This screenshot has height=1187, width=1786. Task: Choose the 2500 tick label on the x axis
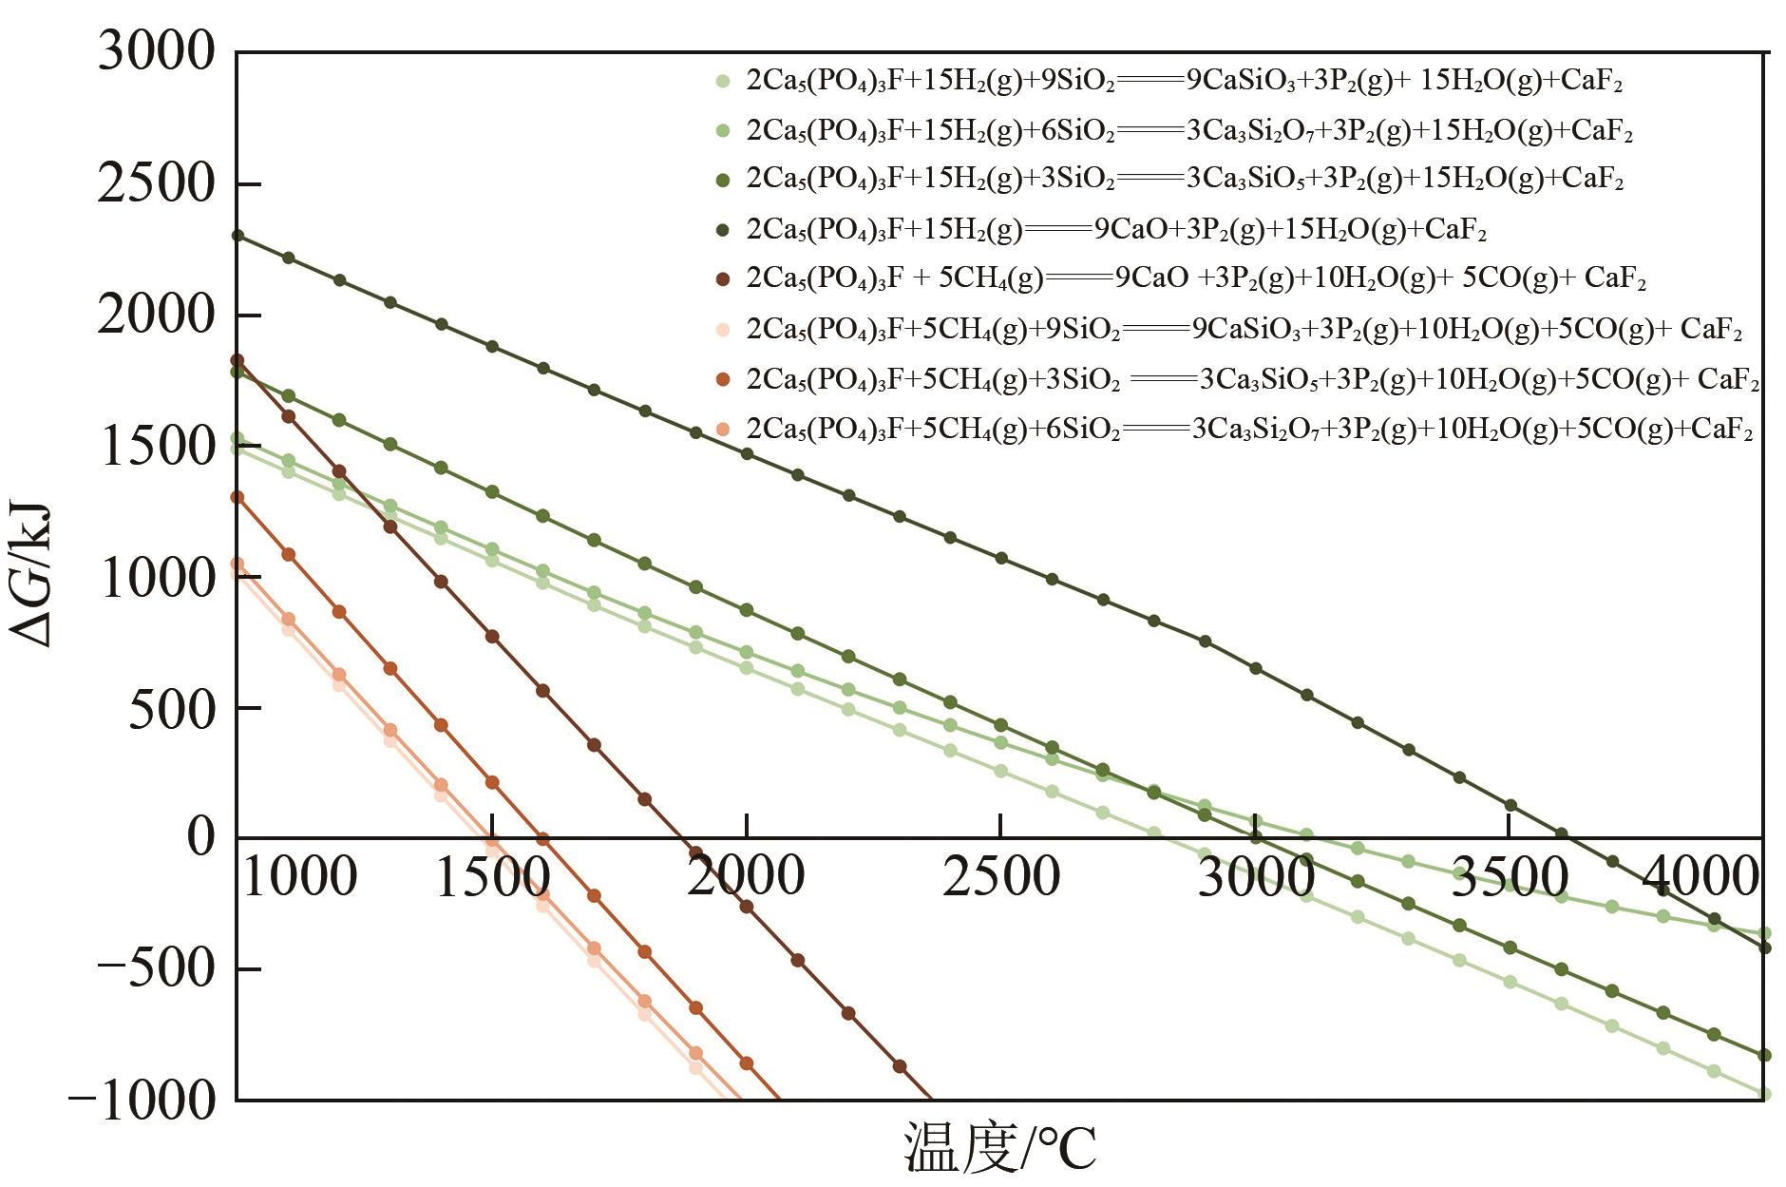[1000, 876]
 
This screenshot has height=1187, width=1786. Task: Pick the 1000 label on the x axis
[300, 876]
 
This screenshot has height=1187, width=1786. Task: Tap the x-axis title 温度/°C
[999, 1147]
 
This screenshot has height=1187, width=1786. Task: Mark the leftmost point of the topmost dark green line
[237, 236]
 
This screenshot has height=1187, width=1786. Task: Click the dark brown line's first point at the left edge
[237, 360]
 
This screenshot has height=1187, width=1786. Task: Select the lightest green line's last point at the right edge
[1765, 1095]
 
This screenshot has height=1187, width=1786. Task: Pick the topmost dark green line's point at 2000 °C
[747, 454]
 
